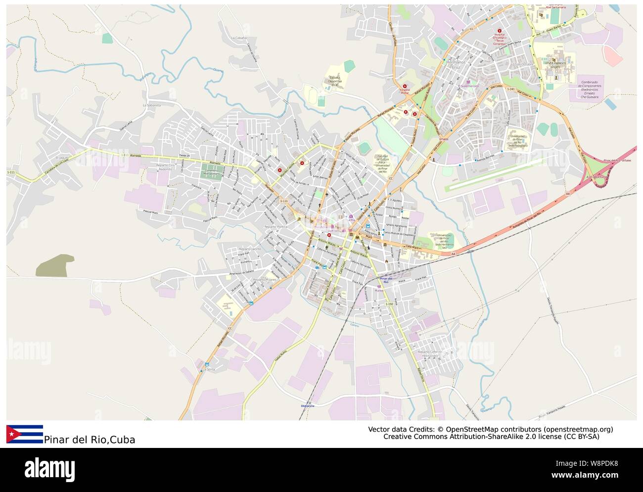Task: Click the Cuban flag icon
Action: click(x=25, y=434)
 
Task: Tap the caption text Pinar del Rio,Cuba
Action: click(x=90, y=440)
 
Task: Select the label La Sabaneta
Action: click(x=152, y=105)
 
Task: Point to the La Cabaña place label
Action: click(x=238, y=38)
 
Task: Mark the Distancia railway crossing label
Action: click(x=307, y=405)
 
